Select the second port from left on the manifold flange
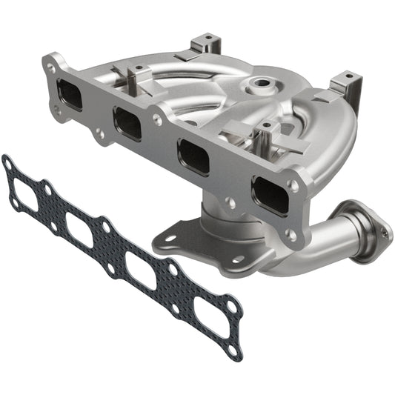click(x=127, y=123)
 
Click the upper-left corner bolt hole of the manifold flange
click(x=50, y=66)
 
